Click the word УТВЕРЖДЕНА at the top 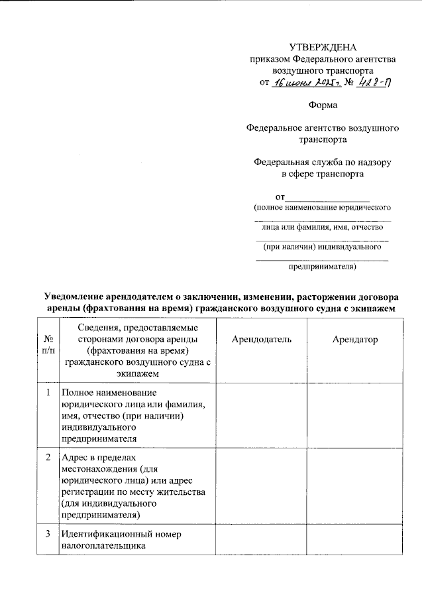323,47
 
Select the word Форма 323,105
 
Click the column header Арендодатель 261,340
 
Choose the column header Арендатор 355,340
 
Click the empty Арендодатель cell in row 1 261,415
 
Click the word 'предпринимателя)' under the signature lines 323,267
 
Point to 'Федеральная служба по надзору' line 323,163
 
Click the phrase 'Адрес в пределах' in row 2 97,458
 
